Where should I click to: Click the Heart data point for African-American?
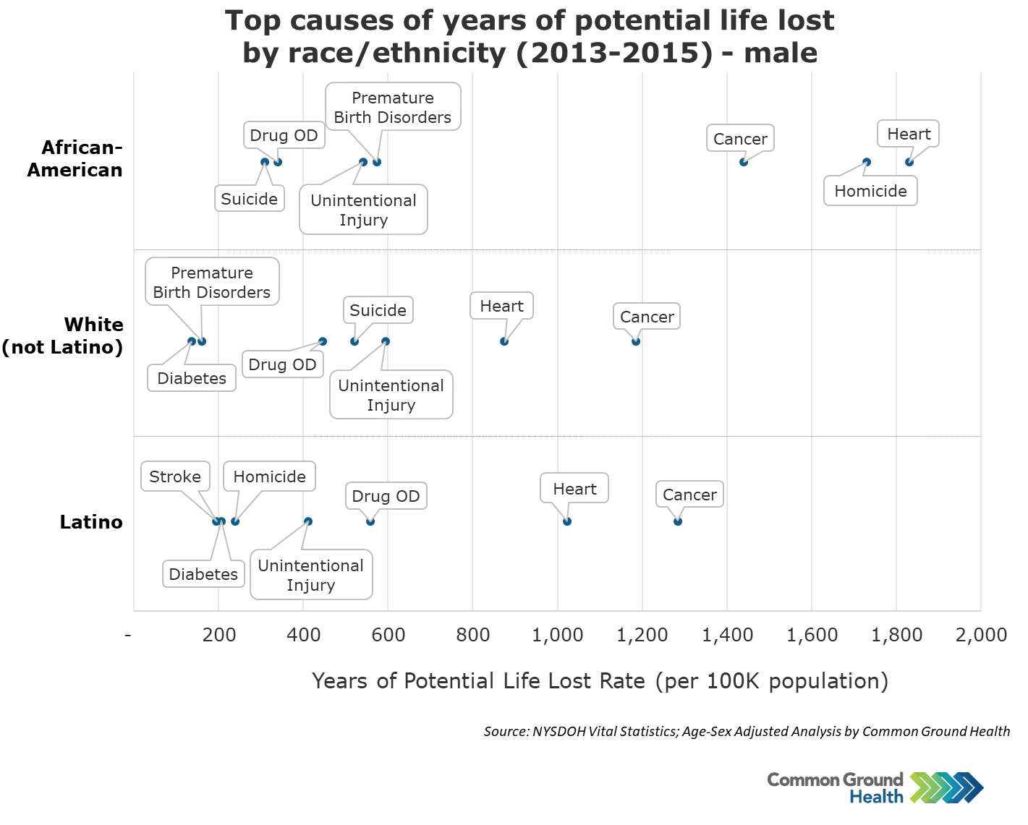(x=909, y=162)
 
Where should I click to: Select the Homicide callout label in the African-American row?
(x=870, y=192)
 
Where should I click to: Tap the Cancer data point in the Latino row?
(x=678, y=521)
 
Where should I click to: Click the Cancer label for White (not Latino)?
(x=647, y=317)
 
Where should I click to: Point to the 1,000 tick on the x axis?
(x=557, y=635)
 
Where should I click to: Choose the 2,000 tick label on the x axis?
(x=981, y=635)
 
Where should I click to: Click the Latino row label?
(x=91, y=522)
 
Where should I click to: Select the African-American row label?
(x=75, y=159)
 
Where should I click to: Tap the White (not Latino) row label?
(x=63, y=336)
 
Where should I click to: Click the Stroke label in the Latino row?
(x=175, y=477)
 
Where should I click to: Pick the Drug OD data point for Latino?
(x=370, y=521)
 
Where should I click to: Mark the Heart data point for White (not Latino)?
(x=504, y=341)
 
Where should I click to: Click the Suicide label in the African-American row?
(x=249, y=199)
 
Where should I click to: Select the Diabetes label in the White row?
(x=192, y=378)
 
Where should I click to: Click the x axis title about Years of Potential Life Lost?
(x=600, y=681)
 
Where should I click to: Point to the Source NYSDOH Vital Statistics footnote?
(x=747, y=732)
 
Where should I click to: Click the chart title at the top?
(x=530, y=37)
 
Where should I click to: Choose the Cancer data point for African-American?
(x=744, y=162)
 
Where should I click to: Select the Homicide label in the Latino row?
(x=269, y=477)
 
